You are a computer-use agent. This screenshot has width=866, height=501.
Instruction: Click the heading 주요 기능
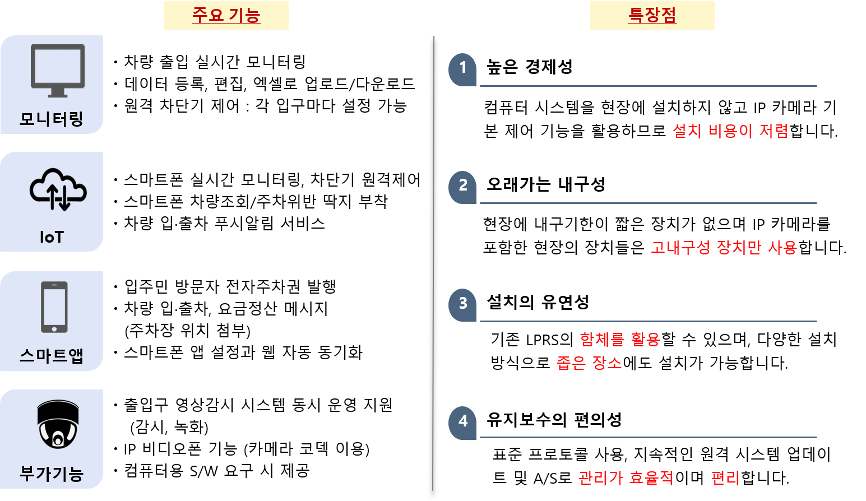[x=226, y=15]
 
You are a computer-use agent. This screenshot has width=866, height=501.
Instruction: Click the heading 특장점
[x=652, y=15]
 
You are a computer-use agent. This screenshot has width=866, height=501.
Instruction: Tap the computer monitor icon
[x=58, y=71]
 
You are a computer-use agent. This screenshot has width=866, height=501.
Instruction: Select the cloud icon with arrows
[x=58, y=189]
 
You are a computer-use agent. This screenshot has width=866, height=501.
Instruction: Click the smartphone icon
[x=54, y=307]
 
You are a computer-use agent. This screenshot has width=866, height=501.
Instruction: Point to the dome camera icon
[x=58, y=424]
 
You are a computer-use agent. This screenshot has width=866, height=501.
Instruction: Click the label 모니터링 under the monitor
[x=52, y=119]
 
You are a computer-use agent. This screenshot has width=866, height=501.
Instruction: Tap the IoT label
[x=52, y=237]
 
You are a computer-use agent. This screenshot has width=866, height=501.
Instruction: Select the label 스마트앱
[x=52, y=355]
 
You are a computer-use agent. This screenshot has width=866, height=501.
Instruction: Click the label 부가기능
[x=52, y=474]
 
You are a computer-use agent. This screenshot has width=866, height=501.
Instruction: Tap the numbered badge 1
[x=463, y=69]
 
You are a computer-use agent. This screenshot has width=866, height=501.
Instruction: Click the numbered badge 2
[x=463, y=187]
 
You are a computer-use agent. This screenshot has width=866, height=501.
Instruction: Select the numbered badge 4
[x=463, y=423]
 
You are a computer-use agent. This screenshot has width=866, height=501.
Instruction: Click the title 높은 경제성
[x=529, y=67]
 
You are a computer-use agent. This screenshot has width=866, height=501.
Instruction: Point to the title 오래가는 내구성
[x=546, y=184]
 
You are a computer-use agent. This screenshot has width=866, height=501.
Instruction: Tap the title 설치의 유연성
[x=538, y=302]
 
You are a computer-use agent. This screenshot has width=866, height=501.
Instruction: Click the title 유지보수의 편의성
[x=554, y=420]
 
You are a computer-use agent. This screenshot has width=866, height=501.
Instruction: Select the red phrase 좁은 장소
[x=589, y=363]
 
